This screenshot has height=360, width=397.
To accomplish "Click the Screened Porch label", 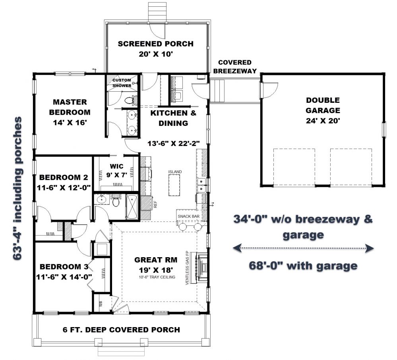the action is point(155,44).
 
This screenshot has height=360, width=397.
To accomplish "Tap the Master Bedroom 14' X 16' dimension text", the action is point(70,123).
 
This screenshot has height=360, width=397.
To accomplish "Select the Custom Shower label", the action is point(122,83).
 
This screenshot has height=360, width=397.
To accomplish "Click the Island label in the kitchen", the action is point(175,171).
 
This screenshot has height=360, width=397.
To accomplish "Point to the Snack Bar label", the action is point(189,216).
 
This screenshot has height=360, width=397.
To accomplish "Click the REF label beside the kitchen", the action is point(155,204).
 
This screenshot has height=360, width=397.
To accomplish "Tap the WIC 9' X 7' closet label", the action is point(117,171).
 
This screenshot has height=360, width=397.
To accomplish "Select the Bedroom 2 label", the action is point(64,177).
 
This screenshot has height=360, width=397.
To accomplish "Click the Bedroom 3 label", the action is point(64,267).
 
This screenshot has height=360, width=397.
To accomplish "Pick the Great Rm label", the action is point(156,260).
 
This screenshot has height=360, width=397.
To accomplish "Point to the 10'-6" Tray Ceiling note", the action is point(157,277).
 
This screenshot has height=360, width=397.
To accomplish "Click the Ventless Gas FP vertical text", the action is point(187,268).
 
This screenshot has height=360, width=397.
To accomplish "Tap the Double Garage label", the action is point(323,105).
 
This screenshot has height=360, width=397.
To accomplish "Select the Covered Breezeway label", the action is point(235,67).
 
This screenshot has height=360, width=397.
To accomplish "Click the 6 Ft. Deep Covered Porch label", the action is point(121,330).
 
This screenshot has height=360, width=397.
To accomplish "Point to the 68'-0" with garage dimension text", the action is point(303,266).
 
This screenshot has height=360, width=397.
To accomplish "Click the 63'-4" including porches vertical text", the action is point(17,189).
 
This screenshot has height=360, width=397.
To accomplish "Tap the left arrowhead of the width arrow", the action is point(236,248).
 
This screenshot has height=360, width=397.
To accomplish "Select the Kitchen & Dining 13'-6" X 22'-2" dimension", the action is point(174,144).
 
